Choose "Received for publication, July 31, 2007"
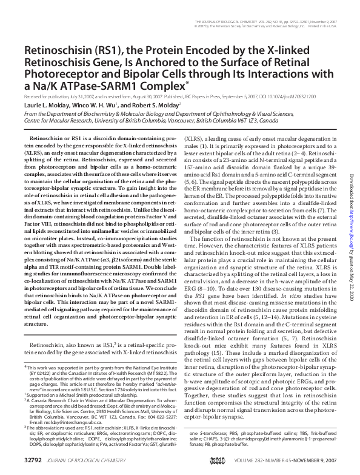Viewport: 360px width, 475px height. [60, 96]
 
